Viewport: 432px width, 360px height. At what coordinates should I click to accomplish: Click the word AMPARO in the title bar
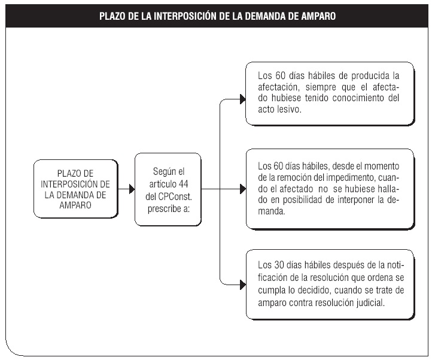click(x=318, y=16)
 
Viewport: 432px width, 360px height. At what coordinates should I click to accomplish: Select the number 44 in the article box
click(x=184, y=184)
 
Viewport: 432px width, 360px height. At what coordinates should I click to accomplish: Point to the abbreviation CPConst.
click(x=175, y=196)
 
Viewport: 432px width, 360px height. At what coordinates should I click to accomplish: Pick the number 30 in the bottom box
click(x=279, y=265)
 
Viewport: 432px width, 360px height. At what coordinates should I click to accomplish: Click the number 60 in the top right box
click(x=280, y=75)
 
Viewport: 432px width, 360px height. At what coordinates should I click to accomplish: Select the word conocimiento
click(x=358, y=98)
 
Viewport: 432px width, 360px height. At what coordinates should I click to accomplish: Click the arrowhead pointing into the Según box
click(x=132, y=189)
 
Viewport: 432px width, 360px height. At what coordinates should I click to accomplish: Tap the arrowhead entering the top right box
click(x=243, y=99)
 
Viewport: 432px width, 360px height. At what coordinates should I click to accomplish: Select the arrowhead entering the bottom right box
click(x=243, y=285)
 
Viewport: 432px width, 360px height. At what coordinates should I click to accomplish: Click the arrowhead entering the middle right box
click(x=243, y=189)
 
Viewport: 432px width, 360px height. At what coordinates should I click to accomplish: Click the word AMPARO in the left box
click(x=75, y=205)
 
